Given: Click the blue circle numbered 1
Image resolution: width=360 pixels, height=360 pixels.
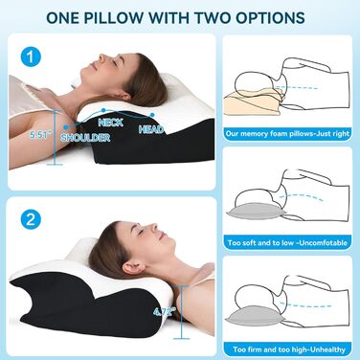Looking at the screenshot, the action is tap(31, 57).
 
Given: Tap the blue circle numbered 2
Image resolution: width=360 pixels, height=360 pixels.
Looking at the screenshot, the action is tap(31, 219).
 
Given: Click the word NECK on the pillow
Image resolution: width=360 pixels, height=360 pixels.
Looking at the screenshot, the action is tap(111, 123).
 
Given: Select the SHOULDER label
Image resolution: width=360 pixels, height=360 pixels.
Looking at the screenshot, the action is tap(85, 138).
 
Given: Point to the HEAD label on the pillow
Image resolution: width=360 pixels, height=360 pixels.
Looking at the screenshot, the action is tap(151, 129).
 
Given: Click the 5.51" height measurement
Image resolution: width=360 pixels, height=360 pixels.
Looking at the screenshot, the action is tap(40, 135).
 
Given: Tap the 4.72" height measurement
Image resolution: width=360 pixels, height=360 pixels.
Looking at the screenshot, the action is tap(165, 311).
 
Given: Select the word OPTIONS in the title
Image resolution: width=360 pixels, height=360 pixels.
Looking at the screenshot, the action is tap(267, 17).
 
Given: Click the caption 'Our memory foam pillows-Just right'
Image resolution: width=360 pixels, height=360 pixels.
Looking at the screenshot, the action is tap(287, 133).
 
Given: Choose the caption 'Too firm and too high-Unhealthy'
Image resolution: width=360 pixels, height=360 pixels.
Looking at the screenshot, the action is tap(289, 349).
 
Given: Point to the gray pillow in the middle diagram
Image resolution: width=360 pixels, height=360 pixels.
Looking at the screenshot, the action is tap(256, 211).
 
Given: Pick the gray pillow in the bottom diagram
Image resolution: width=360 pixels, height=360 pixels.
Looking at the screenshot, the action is tap(254, 317).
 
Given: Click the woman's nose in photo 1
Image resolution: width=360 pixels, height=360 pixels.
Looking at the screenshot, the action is tap(102, 57).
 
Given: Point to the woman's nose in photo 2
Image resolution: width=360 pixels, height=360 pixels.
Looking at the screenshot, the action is tap(152, 227).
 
